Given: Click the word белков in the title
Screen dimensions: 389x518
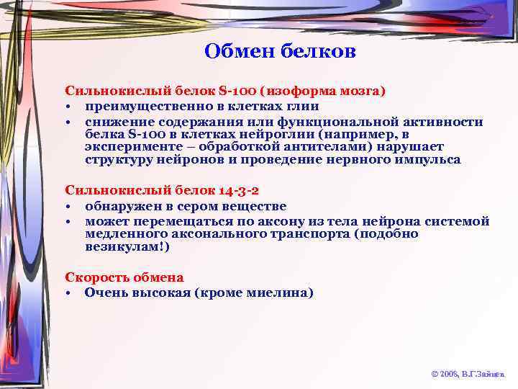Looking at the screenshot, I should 320,52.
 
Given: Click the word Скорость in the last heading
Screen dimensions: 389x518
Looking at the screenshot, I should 94,277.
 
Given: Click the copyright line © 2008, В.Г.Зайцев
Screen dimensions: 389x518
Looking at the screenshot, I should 468,375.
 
